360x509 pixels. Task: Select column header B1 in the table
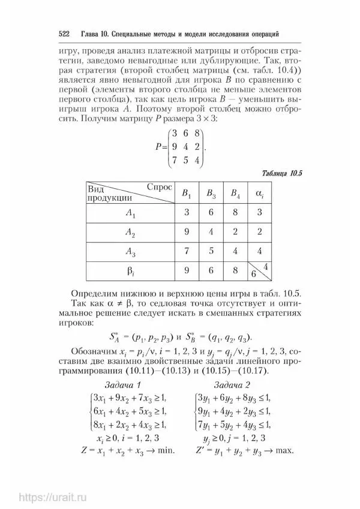[x=187, y=193]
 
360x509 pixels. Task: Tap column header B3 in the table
[x=211, y=193]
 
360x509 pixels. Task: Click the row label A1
[x=131, y=212]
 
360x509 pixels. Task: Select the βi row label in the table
[x=131, y=270]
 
